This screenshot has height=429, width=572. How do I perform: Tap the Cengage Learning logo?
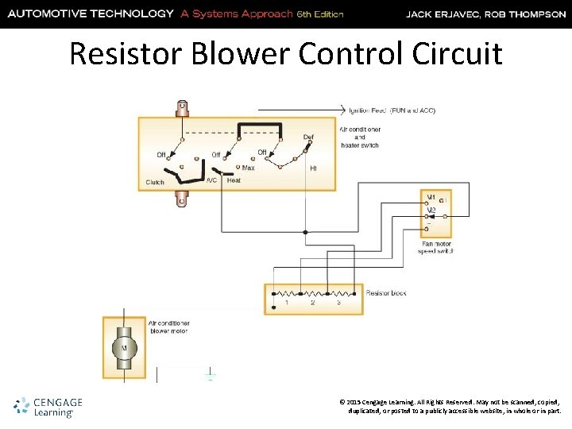[48, 407]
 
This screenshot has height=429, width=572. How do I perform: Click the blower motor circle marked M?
[123, 347]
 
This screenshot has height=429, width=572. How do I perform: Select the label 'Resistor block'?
[386, 293]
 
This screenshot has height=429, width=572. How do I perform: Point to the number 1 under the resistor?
[287, 303]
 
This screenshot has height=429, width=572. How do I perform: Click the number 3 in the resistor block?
[338, 303]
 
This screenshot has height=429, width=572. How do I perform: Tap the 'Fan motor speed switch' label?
[436, 247]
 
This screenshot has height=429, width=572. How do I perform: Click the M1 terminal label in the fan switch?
[431, 197]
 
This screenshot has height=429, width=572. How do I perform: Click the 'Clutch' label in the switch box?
[156, 182]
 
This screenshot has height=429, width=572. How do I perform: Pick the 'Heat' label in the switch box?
[234, 180]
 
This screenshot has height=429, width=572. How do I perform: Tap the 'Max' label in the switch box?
[248, 168]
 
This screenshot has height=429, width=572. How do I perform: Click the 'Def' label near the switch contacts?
[308, 137]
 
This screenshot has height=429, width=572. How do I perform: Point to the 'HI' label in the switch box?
[313, 168]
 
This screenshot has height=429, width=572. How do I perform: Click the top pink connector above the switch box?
[183, 107]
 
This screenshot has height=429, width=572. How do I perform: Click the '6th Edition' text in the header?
[319, 14]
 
